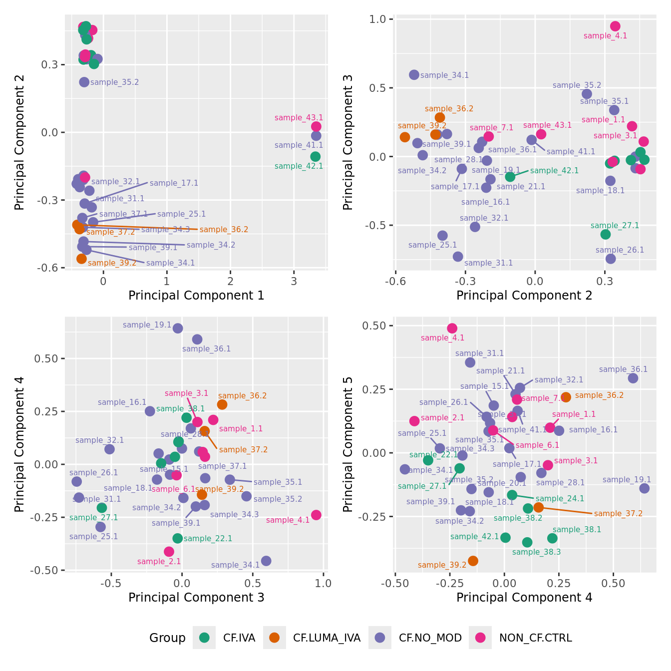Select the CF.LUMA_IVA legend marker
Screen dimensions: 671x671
(274, 638)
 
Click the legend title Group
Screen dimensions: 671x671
(167, 638)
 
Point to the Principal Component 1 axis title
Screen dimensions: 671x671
(196, 296)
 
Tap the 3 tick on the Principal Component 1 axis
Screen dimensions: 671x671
(294, 282)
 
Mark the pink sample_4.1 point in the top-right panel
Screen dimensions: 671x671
(615, 26)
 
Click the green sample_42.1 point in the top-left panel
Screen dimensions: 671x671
(315, 157)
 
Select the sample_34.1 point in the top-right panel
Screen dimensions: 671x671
(414, 75)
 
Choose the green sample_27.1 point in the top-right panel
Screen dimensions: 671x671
(606, 235)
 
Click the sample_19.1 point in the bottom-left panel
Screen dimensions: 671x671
(178, 328)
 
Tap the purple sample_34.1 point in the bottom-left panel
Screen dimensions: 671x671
(266, 561)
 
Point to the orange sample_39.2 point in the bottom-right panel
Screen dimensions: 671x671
(473, 561)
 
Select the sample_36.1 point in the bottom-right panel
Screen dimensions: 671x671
(633, 378)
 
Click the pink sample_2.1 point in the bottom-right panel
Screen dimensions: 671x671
(414, 421)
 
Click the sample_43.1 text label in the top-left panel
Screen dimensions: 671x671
(299, 118)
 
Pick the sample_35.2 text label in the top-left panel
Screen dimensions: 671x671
(114, 82)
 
